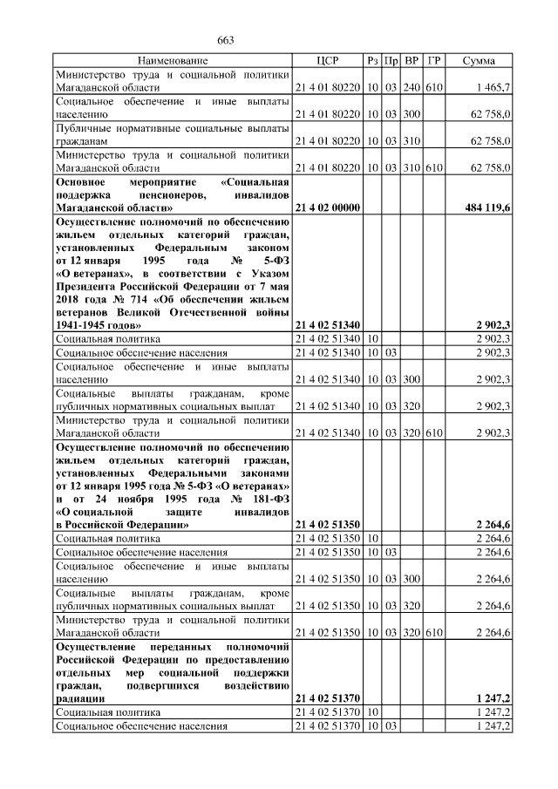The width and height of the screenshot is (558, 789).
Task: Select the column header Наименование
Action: [173, 61]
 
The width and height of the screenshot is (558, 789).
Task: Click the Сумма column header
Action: [479, 61]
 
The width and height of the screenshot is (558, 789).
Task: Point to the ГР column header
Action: [434, 61]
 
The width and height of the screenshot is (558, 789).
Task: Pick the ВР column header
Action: [412, 61]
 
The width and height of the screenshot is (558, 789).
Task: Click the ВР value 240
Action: [412, 89]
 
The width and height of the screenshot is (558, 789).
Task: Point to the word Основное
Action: [81, 181]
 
